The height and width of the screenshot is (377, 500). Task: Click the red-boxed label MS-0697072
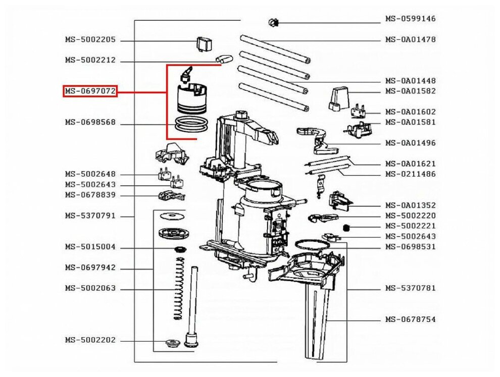pyautogui.click(x=90, y=91)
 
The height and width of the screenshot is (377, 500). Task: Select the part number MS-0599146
pyautogui.click(x=410, y=19)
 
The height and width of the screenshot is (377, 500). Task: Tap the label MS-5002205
pyautogui.click(x=90, y=39)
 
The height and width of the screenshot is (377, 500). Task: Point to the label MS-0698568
pyautogui.click(x=90, y=122)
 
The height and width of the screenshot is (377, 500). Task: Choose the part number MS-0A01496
pyautogui.click(x=410, y=143)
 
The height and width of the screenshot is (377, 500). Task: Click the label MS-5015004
pyautogui.click(x=90, y=247)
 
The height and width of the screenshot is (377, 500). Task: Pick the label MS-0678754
pyautogui.click(x=410, y=319)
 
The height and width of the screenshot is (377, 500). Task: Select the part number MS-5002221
pyautogui.click(x=410, y=226)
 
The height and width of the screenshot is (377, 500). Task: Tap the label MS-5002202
pyautogui.click(x=90, y=340)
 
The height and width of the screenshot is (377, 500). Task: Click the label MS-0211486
pyautogui.click(x=410, y=174)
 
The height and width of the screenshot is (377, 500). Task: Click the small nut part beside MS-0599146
pyautogui.click(x=274, y=22)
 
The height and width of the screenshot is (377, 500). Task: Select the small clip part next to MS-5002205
pyautogui.click(x=203, y=44)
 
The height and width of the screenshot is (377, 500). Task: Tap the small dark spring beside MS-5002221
pyautogui.click(x=346, y=228)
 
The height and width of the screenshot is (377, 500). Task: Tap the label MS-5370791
pyautogui.click(x=90, y=216)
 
